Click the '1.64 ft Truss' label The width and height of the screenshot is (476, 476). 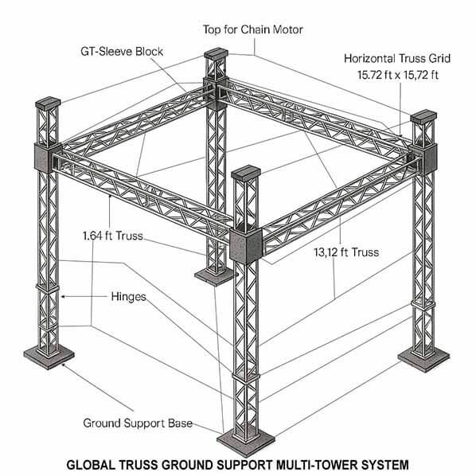pyautogui.click(x=118, y=236)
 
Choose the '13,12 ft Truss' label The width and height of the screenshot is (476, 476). pyautogui.click(x=345, y=252)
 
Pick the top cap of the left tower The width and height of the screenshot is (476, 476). pyautogui.click(x=47, y=103)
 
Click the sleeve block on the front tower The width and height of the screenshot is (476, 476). pyautogui.click(x=245, y=244)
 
